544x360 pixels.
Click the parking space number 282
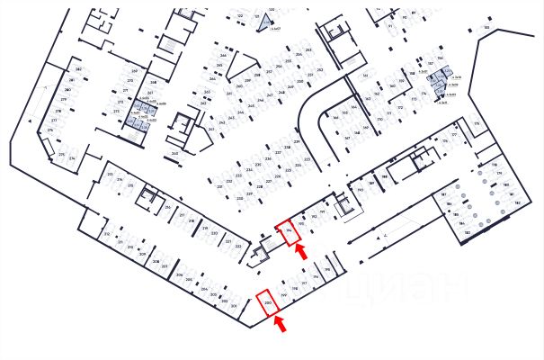tap(78, 69)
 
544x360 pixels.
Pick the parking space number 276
tap(50, 130)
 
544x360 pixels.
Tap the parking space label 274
tap(73, 158)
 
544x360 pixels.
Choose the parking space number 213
tap(110, 174)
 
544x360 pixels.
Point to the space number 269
tap(134, 70)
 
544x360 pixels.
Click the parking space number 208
tap(156, 263)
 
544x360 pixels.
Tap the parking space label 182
tap(467, 233)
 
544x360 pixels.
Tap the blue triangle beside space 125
tap(263, 24)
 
